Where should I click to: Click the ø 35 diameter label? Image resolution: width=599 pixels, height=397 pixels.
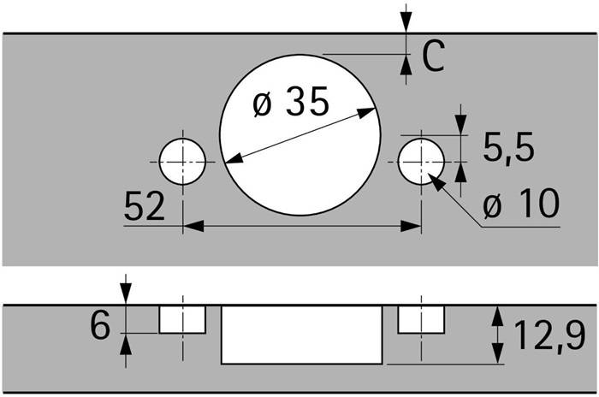[x=290, y=102]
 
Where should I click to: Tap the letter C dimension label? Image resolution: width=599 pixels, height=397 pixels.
[x=433, y=56]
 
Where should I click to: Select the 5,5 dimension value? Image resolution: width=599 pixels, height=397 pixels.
[x=508, y=147]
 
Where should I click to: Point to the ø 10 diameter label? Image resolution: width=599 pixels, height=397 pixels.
[x=521, y=204]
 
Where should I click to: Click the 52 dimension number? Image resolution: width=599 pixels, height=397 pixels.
[x=145, y=206]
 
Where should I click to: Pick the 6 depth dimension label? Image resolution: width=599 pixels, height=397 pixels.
[x=100, y=325]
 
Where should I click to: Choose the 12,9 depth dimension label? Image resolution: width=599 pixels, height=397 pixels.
[x=549, y=335]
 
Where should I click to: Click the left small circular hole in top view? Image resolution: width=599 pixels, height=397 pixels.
[x=182, y=162]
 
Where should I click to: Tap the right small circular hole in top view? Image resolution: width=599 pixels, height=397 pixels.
[x=421, y=162]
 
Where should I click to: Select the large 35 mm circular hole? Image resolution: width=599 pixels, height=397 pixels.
[x=300, y=135]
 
